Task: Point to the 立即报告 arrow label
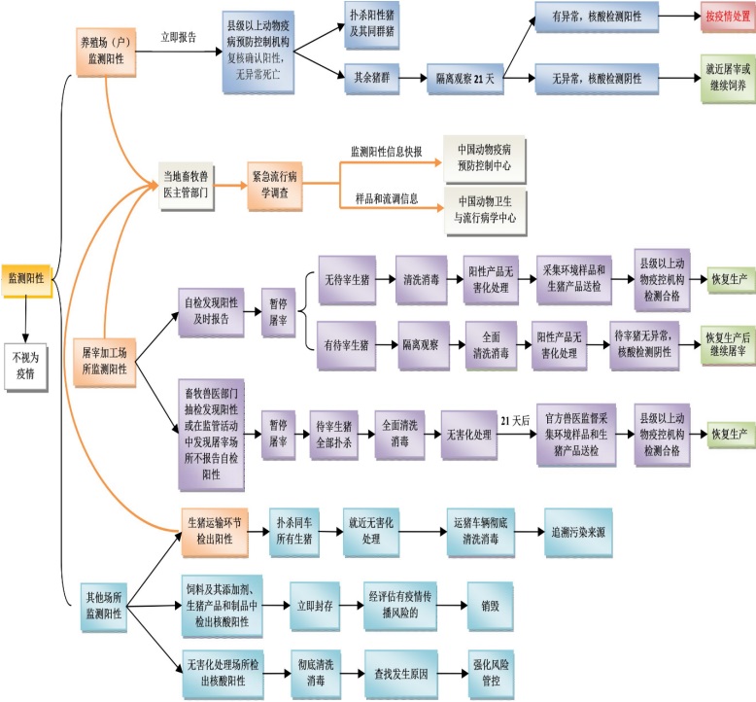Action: click(x=179, y=38)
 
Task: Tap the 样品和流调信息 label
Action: click(x=385, y=198)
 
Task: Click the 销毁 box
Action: click(x=489, y=603)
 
